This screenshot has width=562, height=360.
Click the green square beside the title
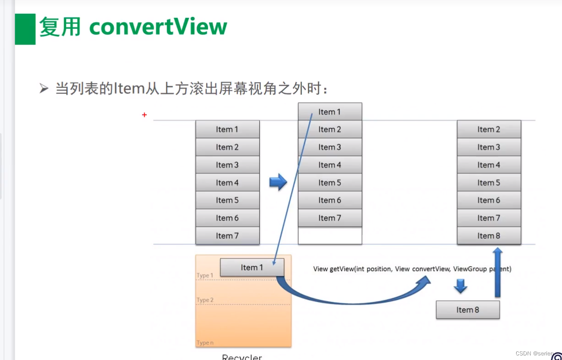point(25,29)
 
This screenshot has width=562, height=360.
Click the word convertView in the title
point(158,27)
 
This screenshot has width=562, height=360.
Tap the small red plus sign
point(144,115)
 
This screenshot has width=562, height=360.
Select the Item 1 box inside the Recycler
point(252,267)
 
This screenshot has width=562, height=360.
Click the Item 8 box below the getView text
point(468,310)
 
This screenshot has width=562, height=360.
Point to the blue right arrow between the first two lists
point(278,182)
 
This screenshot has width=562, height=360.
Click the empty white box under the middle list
point(330,235)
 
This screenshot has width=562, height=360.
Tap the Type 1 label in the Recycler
point(205,275)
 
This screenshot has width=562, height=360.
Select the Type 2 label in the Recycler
point(205,300)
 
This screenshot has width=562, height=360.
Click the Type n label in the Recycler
point(205,343)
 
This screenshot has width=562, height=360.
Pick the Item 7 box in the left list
point(227,236)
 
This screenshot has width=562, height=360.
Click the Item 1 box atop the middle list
point(330,112)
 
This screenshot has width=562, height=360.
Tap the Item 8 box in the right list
point(489,236)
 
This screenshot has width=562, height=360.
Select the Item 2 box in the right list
point(489,130)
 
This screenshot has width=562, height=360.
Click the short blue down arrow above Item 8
point(460,287)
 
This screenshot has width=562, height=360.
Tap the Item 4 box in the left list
point(227,183)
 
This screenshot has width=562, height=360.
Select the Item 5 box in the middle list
point(330,183)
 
